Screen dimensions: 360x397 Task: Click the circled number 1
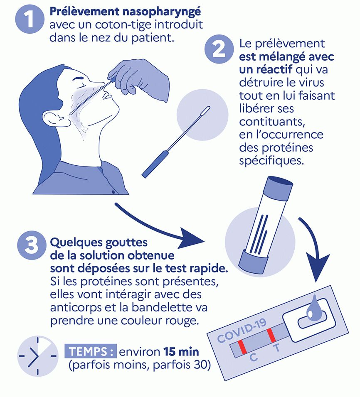pyautogui.click(x=30, y=19)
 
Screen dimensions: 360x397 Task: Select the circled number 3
pyautogui.click(x=32, y=245)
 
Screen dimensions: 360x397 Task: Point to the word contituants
pyautogui.click(x=272, y=122)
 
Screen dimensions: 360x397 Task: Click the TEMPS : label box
pyautogui.click(x=91, y=351)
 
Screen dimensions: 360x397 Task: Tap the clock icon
pyautogui.click(x=38, y=356)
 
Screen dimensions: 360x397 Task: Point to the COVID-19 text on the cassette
pyautogui.click(x=242, y=331)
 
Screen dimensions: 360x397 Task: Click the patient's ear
pyautogui.click(x=54, y=118)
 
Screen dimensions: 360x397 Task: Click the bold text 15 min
pyautogui.click(x=181, y=352)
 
